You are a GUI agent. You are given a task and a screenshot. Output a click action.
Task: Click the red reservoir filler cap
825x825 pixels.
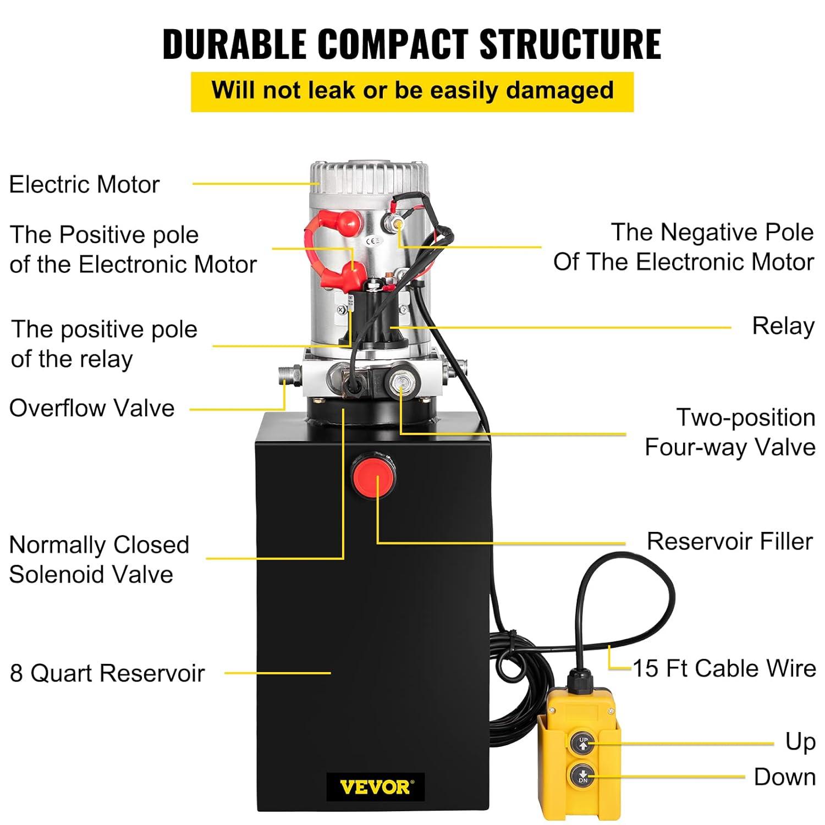[x=373, y=473]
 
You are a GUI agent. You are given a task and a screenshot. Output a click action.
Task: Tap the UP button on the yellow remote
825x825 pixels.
[x=583, y=743]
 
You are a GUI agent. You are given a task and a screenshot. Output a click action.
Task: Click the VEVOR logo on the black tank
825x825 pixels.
[x=375, y=788]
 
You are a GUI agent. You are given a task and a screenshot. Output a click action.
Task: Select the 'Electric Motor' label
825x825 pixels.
[x=84, y=184]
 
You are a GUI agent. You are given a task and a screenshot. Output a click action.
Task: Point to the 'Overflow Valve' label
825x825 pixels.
[x=92, y=408]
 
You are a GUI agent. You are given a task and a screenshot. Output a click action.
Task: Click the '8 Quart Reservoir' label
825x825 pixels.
[x=107, y=673]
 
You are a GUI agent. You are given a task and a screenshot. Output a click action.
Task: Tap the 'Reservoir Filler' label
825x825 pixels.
[x=730, y=541]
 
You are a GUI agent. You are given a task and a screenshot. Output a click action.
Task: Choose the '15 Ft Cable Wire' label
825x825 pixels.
[x=724, y=669]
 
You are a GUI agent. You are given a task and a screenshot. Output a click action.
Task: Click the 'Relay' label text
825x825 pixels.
[x=783, y=326]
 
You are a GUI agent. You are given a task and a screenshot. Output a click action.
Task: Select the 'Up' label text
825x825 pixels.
[x=800, y=742]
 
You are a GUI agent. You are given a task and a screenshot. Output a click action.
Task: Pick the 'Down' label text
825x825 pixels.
[x=785, y=777]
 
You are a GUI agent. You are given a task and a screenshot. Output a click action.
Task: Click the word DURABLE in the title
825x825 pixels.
[x=234, y=43]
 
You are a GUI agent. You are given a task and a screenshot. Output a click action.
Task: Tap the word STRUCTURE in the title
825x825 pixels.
[x=570, y=43]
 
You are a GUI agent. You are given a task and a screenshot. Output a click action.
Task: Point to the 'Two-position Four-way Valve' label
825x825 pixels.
[x=730, y=432]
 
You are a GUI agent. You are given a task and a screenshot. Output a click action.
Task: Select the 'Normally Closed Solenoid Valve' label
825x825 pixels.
[x=99, y=559]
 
